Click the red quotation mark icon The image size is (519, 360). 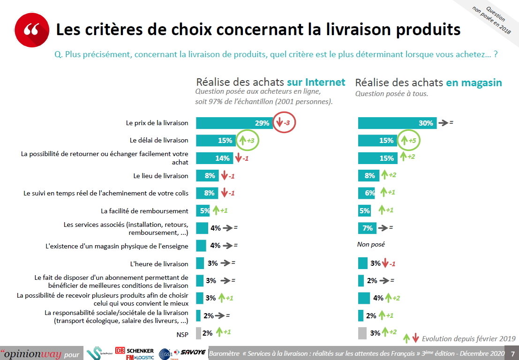click(x=31, y=30)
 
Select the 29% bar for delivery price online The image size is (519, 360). click(x=233, y=123)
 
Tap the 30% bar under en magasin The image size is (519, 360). click(x=397, y=123)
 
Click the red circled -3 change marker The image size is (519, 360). click(x=285, y=123)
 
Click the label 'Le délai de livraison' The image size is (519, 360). click(x=159, y=140)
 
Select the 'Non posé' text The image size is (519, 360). click(x=371, y=245)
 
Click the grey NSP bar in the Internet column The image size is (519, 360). click(x=198, y=333)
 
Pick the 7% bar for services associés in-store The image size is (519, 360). click(x=367, y=228)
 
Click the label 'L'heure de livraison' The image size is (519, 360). click(x=159, y=264)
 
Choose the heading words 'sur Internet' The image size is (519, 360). click(x=316, y=82)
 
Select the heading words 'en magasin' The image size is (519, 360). click(x=474, y=82)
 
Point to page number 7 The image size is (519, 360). click(x=512, y=353)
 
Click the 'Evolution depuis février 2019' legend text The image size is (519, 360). click(x=468, y=338)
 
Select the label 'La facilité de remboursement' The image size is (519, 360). click(x=144, y=211)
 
